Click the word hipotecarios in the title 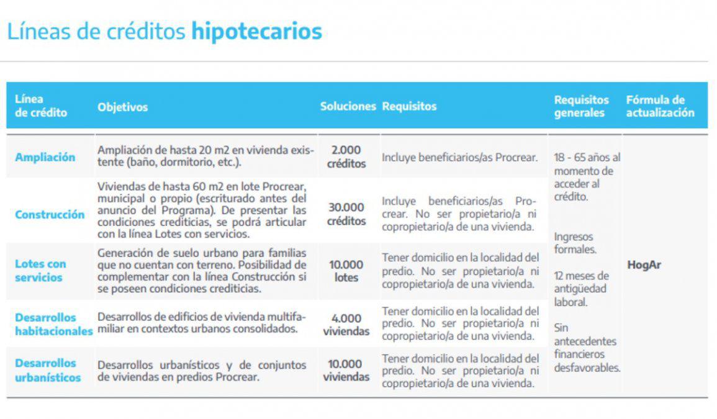click(256, 31)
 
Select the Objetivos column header click(122, 107)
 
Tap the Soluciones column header click(348, 106)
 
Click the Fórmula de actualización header click(659, 106)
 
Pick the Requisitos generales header click(582, 106)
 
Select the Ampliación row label click(45, 157)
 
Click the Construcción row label click(50, 215)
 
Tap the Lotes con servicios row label click(40, 271)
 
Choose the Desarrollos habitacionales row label click(53, 324)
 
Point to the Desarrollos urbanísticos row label click(48, 370)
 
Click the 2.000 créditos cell click(346, 157)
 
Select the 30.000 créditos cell click(346, 214)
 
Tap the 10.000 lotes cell click(346, 271)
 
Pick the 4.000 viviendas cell click(346, 324)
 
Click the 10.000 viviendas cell click(346, 370)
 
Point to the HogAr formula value click(644, 265)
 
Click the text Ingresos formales click(575, 243)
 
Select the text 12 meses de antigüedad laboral click(581, 289)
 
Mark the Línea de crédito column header click(40, 106)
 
